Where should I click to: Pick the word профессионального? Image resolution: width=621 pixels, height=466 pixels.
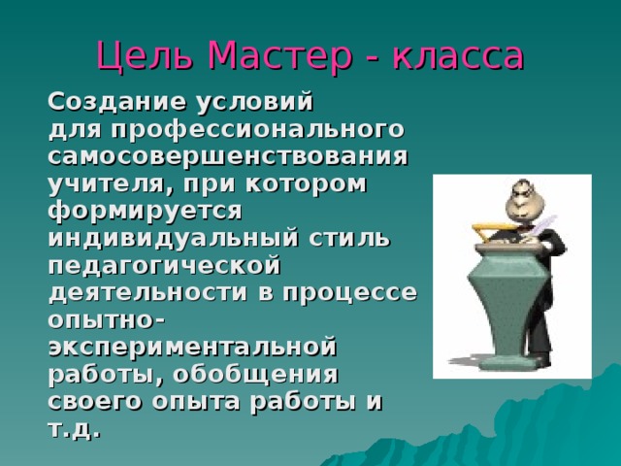click(256, 129)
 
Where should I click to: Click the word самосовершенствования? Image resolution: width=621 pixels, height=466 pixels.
click(227, 155)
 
